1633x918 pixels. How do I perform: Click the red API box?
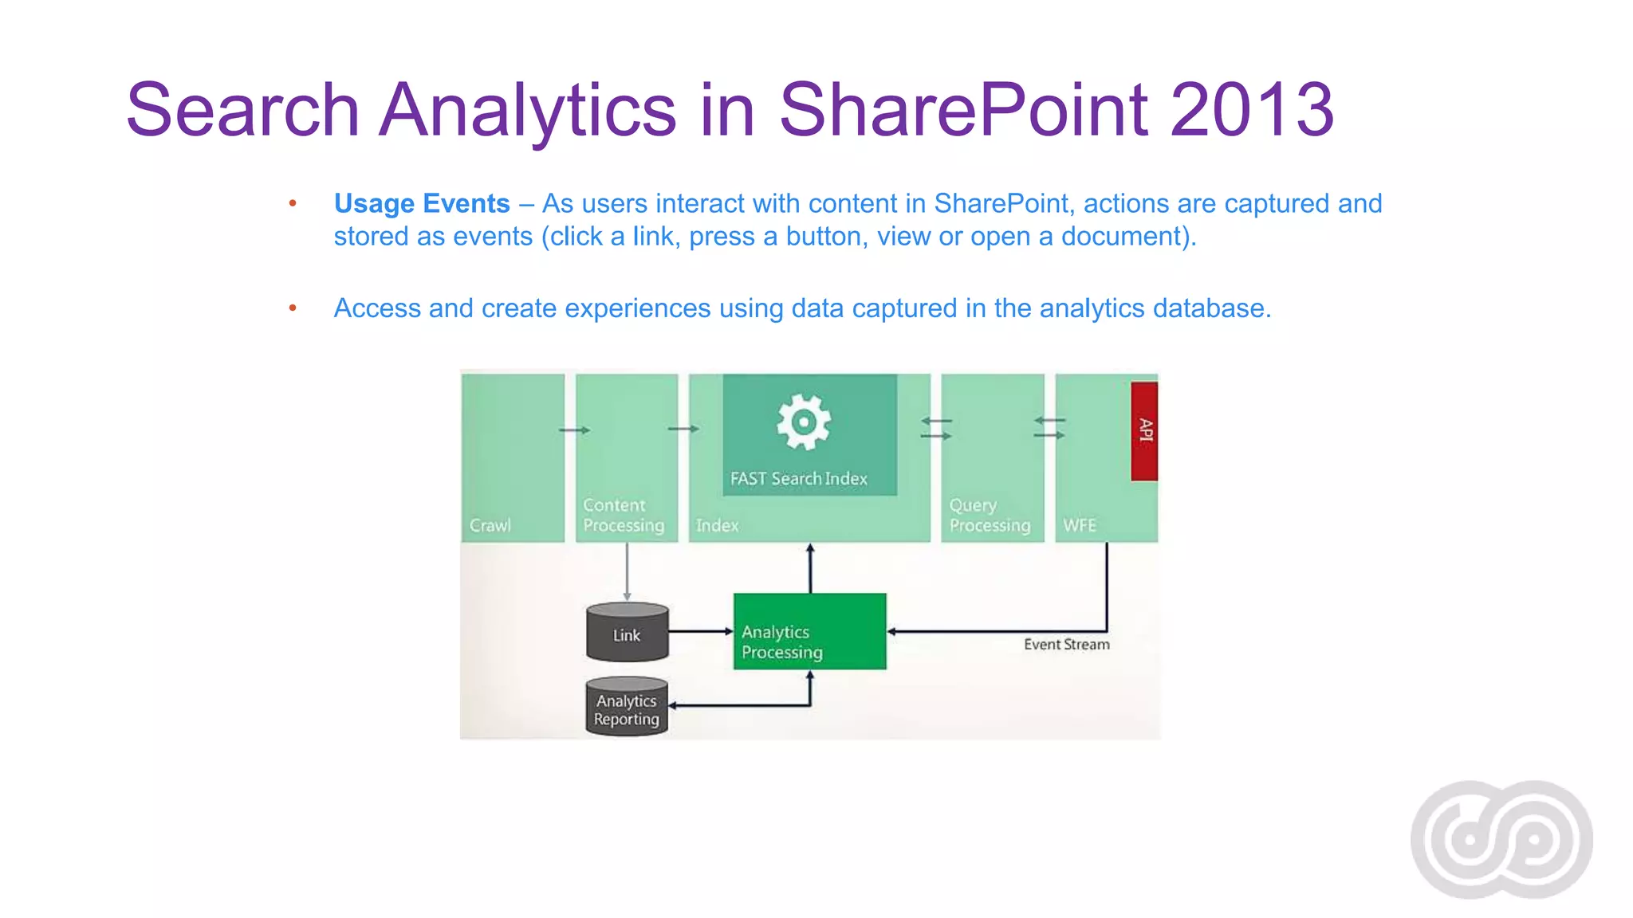(1144, 431)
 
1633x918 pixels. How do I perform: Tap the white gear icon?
(804, 422)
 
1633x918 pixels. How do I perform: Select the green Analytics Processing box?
(809, 631)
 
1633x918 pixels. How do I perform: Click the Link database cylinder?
(627, 634)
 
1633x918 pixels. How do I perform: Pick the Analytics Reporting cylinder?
(627, 708)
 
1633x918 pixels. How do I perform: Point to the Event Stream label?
(1066, 645)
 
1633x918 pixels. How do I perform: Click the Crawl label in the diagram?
(490, 526)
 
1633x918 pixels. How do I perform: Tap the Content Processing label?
(623, 516)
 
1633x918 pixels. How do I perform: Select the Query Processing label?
(989, 516)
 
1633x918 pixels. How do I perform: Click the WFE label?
(1080, 526)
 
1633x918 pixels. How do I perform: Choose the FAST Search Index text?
(799, 479)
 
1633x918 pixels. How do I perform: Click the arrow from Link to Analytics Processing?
(700, 631)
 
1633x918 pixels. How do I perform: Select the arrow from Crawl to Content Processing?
(574, 430)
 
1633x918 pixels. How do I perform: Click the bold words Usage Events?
(422, 204)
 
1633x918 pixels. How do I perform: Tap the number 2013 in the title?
(1251, 110)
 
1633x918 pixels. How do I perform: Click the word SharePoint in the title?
(963, 110)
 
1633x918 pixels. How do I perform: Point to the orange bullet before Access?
(293, 308)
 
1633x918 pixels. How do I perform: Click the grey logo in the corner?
(1501, 839)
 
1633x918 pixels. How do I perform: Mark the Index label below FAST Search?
(717, 526)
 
